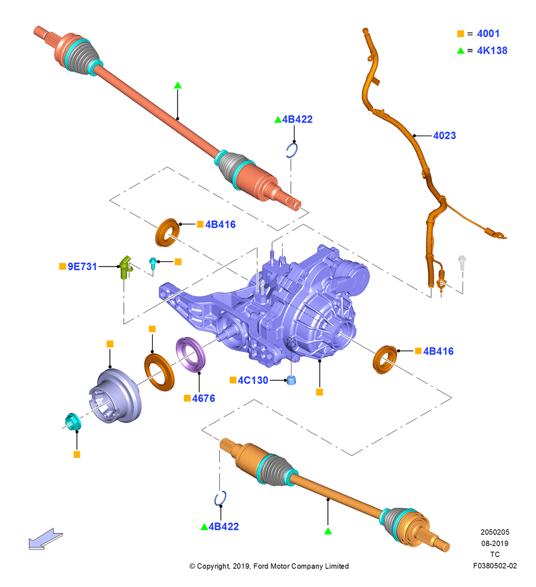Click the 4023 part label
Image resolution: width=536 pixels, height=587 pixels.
[444, 136]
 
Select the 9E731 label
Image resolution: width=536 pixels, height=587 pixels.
[82, 266]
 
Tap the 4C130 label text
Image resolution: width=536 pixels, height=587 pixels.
[253, 380]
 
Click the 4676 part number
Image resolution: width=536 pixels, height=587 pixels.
[203, 399]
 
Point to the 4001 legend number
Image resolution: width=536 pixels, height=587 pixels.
[488, 33]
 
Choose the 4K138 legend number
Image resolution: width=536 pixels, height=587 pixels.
[492, 50]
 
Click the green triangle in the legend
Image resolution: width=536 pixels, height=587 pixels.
[461, 50]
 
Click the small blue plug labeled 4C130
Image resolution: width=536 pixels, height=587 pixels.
[292, 380]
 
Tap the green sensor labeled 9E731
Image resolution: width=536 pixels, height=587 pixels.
[126, 267]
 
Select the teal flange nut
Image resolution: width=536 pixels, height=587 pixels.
[72, 421]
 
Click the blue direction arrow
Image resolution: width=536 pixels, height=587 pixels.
[45, 539]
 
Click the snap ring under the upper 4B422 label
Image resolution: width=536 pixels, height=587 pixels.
[292, 150]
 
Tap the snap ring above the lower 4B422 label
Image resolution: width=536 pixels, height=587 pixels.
[220, 498]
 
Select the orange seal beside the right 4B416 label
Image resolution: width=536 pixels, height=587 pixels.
[385, 360]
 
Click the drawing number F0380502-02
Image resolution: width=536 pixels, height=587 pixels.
[495, 566]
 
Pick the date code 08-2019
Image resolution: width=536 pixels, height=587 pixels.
[495, 543]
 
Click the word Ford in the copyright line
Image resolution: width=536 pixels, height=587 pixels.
[261, 566]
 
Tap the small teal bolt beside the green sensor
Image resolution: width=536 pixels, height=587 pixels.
[153, 263]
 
